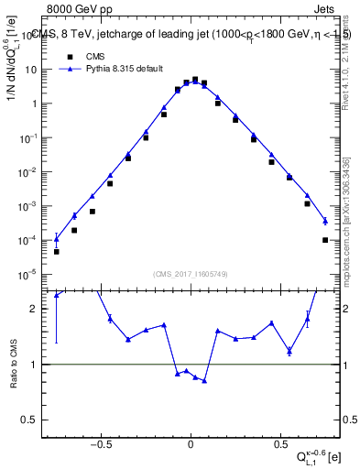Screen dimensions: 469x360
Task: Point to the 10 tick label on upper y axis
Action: click(x=31, y=70)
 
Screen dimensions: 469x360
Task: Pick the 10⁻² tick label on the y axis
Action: click(x=28, y=172)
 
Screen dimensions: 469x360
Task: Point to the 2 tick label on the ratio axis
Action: click(x=34, y=309)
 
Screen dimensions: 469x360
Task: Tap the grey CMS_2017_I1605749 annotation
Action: click(x=191, y=273)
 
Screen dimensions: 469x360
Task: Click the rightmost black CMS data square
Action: click(x=325, y=240)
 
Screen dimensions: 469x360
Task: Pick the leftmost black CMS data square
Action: click(x=57, y=251)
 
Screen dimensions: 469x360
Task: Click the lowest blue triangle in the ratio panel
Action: click(x=204, y=381)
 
